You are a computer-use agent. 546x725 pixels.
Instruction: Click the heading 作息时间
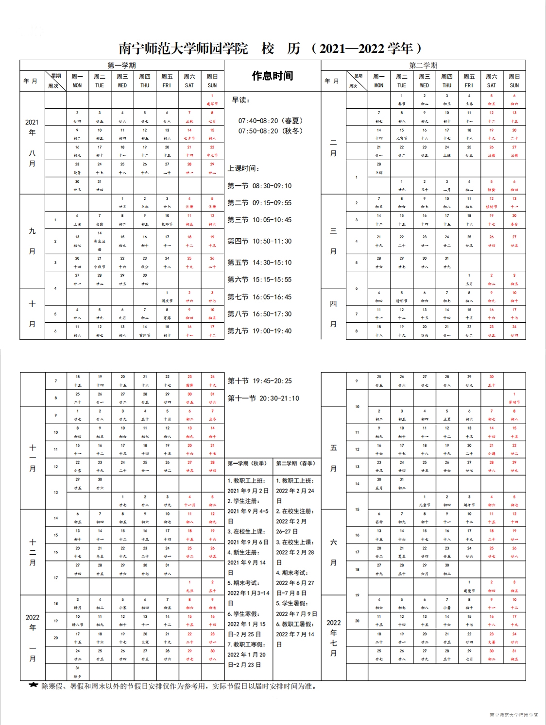click(272, 76)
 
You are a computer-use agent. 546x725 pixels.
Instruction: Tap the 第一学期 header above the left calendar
click(121, 65)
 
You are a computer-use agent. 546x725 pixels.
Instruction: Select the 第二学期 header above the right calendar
click(423, 65)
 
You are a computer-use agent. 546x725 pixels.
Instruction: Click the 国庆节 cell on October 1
click(167, 297)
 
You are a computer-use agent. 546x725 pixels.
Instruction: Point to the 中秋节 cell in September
click(100, 263)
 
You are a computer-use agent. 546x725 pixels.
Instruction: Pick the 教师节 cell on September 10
click(167, 220)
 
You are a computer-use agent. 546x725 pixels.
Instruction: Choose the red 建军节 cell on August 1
click(212, 100)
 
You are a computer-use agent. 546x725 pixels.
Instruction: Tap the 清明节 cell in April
click(402, 297)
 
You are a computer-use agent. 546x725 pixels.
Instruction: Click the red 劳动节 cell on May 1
click(514, 398)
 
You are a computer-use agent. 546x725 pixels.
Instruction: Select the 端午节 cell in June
click(469, 501)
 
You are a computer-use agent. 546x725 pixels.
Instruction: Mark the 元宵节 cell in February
click(402, 134)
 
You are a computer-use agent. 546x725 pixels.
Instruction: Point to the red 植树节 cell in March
click(492, 203)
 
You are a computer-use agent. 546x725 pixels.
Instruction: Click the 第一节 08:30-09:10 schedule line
click(259, 186)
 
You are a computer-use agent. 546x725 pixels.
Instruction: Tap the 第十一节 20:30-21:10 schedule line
click(263, 398)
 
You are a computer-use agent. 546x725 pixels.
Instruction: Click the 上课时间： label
click(243, 168)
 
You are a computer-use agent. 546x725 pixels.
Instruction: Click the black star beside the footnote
click(33, 685)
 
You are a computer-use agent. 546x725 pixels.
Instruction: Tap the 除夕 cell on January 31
click(77, 672)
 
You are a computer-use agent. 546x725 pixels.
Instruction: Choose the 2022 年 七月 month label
click(333, 638)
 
